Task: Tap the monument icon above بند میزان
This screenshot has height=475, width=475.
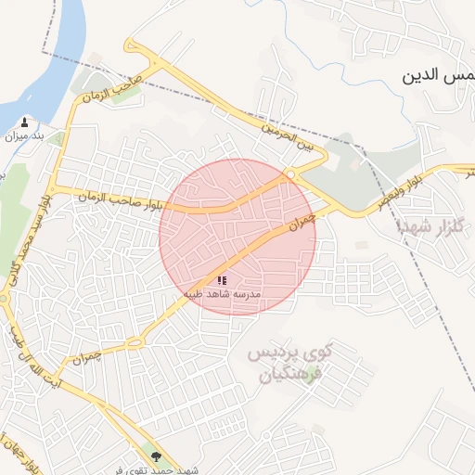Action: click(23, 122)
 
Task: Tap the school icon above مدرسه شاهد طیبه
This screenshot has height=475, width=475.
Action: click(222, 279)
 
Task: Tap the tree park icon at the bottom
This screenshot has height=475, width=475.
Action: click(156, 456)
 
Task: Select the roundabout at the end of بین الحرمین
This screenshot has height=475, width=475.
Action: click(290, 173)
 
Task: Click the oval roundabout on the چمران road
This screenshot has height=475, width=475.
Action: click(135, 342)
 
